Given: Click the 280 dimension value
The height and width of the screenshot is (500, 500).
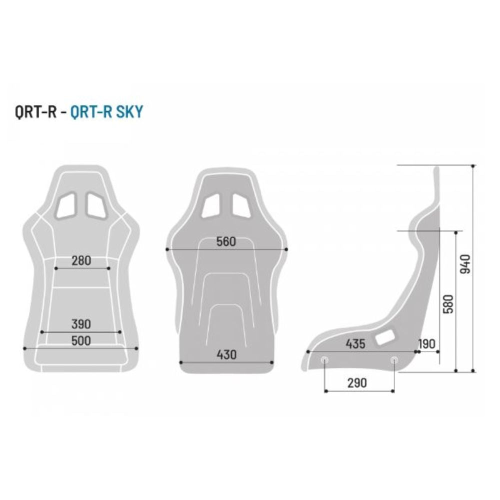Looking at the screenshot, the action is coord(81,260).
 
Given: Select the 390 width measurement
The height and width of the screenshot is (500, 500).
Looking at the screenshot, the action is coord(81,324).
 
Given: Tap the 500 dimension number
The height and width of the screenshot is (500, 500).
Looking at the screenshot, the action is coord(81,340).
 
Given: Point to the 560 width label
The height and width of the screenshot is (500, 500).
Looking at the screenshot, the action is coord(226,241).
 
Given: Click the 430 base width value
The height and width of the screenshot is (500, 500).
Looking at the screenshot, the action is coord(226,354).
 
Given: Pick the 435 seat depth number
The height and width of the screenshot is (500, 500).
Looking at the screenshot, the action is coord(355,344).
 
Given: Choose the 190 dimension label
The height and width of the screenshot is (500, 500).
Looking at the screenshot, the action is coord(426,344).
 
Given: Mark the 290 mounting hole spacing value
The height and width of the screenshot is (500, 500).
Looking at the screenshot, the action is coord(357,382).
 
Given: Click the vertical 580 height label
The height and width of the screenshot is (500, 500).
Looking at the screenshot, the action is coord(448,304).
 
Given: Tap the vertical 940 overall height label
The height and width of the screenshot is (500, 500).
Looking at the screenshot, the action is coord(465,263).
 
